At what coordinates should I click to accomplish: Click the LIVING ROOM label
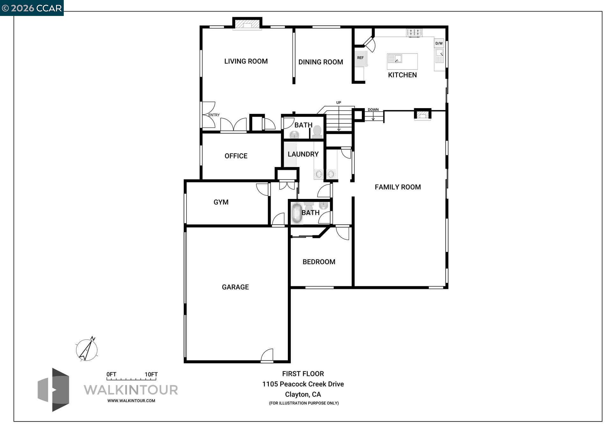[x=246, y=61]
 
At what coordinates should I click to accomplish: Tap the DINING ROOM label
[x=320, y=62]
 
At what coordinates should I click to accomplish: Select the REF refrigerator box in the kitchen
[x=361, y=58]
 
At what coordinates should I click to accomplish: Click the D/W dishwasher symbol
[x=439, y=43]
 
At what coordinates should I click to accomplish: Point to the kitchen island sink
[x=395, y=59]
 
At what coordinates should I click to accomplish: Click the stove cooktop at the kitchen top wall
[x=414, y=32]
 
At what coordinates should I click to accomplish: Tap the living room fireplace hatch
[x=247, y=25]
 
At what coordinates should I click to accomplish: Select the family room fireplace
[x=423, y=114]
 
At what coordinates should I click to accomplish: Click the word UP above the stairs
[x=339, y=103]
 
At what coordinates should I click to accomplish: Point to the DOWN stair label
[x=373, y=110]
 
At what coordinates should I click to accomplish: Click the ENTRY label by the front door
[x=214, y=115]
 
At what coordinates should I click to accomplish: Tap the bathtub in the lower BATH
[x=297, y=213]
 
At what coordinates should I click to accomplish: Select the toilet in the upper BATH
[x=317, y=131]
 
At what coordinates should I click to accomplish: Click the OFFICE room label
[x=236, y=156]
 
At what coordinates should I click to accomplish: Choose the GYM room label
[x=221, y=202]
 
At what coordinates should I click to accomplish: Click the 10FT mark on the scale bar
[x=151, y=375]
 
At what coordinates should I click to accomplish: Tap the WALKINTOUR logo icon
[x=54, y=390]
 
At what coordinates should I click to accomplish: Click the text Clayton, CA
[x=303, y=394]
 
